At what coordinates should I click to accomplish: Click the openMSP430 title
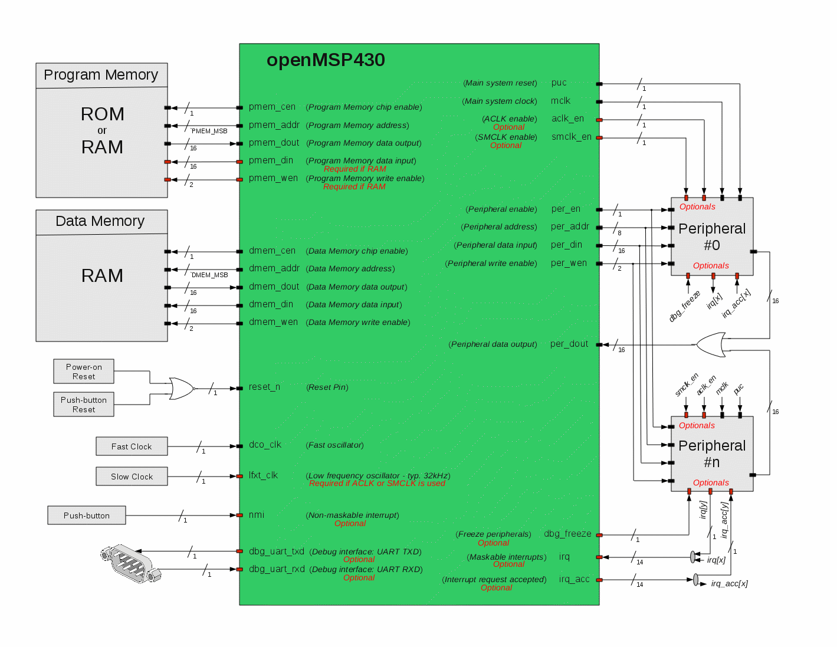pyautogui.click(x=326, y=60)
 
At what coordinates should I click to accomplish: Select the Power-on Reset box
pyautogui.click(x=84, y=372)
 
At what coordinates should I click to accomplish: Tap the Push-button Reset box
pyautogui.click(x=84, y=405)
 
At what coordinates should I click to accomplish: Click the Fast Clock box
pyautogui.click(x=132, y=446)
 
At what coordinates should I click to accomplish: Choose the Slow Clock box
pyautogui.click(x=132, y=477)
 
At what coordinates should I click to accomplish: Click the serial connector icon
pyautogui.click(x=130, y=563)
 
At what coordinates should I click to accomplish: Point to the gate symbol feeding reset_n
pyautogui.click(x=180, y=388)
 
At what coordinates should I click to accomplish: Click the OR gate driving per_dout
pyautogui.click(x=711, y=344)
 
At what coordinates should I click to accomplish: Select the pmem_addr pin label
pyautogui.click(x=274, y=125)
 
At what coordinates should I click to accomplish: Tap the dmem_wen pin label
pyautogui.click(x=273, y=322)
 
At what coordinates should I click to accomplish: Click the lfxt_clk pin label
pyautogui.click(x=263, y=475)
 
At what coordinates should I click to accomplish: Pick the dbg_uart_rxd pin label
pyautogui.click(x=277, y=569)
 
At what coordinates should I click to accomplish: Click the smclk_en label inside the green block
pyautogui.click(x=572, y=137)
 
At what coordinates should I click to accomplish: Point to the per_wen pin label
pyautogui.click(x=569, y=263)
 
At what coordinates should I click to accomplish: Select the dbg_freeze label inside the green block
pyautogui.click(x=567, y=534)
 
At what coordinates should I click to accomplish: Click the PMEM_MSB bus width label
pyautogui.click(x=209, y=131)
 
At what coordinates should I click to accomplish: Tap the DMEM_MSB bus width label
pyautogui.click(x=209, y=275)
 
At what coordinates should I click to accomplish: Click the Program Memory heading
pyautogui.click(x=101, y=75)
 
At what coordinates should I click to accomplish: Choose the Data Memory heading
pyautogui.click(x=100, y=221)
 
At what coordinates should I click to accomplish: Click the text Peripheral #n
pyautogui.click(x=712, y=454)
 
